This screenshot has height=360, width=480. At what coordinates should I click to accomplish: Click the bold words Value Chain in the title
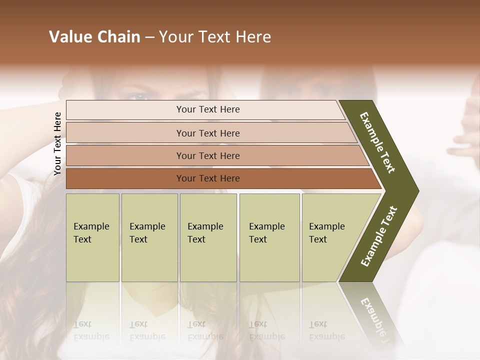[94, 37]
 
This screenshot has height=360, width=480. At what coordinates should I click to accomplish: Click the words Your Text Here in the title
[215, 37]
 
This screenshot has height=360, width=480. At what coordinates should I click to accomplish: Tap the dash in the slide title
[149, 37]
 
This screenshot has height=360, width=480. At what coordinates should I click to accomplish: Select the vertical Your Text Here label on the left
[57, 144]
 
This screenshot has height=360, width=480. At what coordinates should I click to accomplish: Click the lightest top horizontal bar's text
[208, 109]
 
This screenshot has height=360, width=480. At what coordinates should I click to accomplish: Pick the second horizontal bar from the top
[208, 133]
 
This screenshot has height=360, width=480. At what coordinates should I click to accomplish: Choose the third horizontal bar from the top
[208, 155]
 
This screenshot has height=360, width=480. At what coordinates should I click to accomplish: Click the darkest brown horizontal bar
[208, 178]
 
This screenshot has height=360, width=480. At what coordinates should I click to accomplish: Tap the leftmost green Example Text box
[92, 237]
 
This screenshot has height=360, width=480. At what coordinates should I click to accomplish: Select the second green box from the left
[149, 237]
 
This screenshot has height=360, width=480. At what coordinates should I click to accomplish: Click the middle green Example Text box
[208, 237]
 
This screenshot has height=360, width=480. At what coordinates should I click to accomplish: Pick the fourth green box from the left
[269, 237]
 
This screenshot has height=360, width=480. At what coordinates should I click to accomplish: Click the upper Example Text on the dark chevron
[378, 142]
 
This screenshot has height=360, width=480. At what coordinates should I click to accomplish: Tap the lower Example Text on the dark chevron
[379, 236]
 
